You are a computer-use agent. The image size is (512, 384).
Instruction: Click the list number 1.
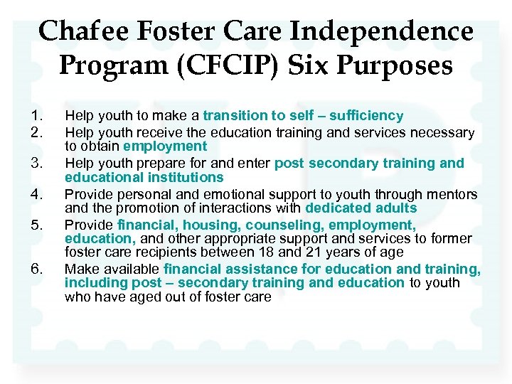38,116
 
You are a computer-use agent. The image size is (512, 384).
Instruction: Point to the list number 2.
38,132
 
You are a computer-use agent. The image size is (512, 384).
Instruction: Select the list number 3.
38,164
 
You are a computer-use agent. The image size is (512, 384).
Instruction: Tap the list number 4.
38,194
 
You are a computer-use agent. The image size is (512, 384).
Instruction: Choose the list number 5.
38,225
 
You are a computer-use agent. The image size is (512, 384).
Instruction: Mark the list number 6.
38,269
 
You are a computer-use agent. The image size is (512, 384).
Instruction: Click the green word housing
210,225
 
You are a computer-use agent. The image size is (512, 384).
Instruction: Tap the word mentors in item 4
452,194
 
